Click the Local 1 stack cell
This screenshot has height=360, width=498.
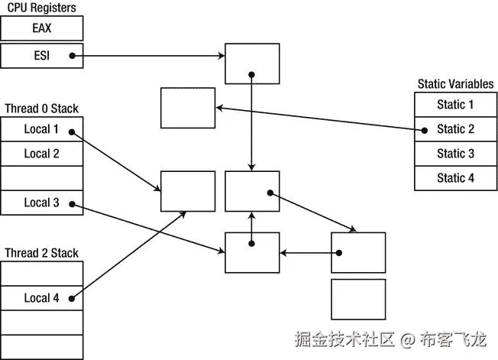pos(41,130)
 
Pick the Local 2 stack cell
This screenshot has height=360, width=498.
pos(41,154)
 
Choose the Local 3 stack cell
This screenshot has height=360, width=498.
pos(41,203)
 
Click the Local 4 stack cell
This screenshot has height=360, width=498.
pos(41,298)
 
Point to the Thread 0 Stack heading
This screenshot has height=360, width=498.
pos(41,109)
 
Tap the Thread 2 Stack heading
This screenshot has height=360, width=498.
pos(41,253)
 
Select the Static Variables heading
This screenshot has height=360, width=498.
pos(454,84)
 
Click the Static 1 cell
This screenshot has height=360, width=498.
pos(455,105)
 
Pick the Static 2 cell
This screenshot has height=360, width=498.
pos(455,129)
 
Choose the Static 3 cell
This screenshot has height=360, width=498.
pos(455,154)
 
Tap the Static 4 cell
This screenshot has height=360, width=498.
pos(455,178)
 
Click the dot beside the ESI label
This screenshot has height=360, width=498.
pos(71,54)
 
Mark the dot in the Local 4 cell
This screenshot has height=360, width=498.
pos(71,299)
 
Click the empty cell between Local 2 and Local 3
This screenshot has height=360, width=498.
pos(41,178)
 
